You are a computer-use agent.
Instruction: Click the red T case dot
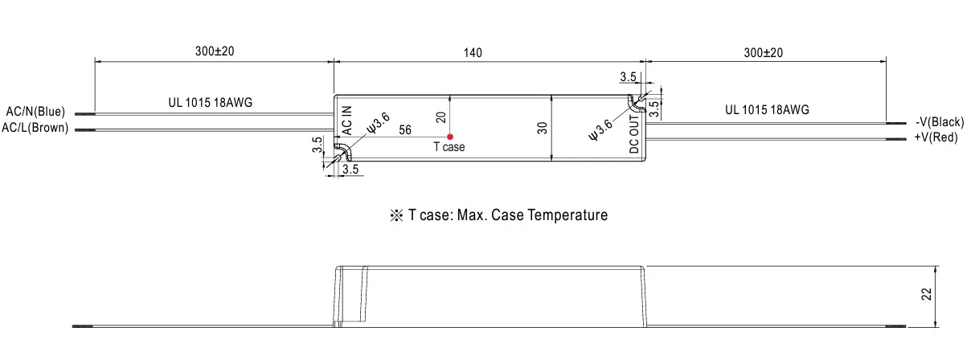tap(450, 137)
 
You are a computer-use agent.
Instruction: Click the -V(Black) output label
tap(939, 122)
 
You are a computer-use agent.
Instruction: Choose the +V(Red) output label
tap(936, 137)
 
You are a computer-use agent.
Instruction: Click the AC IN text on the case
tap(347, 120)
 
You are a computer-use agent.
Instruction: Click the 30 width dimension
tap(543, 127)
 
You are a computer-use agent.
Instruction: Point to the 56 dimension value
tap(405, 129)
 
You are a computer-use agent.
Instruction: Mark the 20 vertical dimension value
tap(440, 117)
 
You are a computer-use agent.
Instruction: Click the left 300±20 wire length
tap(215, 52)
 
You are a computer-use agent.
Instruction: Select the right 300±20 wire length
tap(763, 53)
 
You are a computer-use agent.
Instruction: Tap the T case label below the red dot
tap(449, 147)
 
